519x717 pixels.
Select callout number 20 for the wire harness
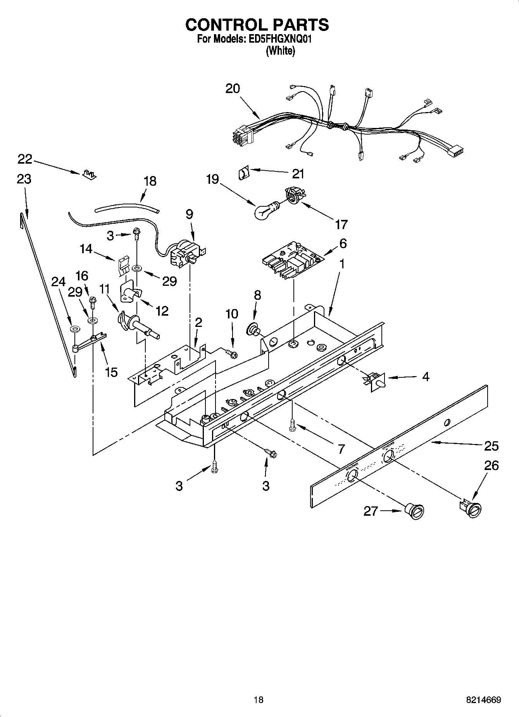coord(233,89)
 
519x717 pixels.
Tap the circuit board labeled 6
coord(293,260)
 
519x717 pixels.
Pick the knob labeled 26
coord(471,508)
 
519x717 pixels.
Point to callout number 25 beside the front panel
coord(491,446)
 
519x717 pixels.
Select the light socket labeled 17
coord(294,195)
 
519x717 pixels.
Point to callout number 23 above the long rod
coord(24,179)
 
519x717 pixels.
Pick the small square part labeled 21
coord(243,172)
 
